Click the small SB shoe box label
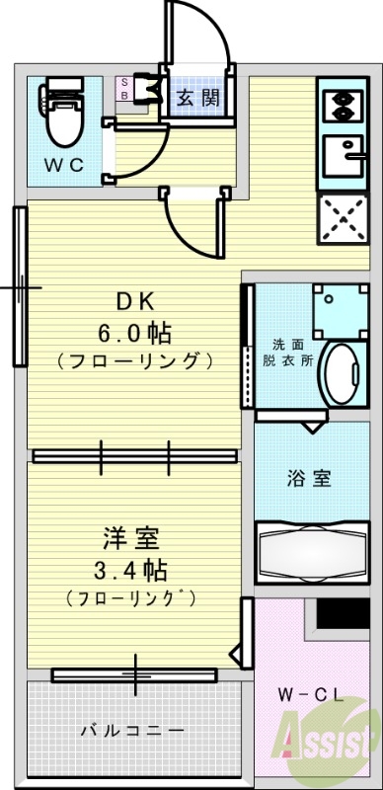124,90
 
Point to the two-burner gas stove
341,106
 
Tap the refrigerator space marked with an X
342,217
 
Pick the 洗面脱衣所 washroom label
293,353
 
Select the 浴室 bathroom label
308,479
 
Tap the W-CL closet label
317,693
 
